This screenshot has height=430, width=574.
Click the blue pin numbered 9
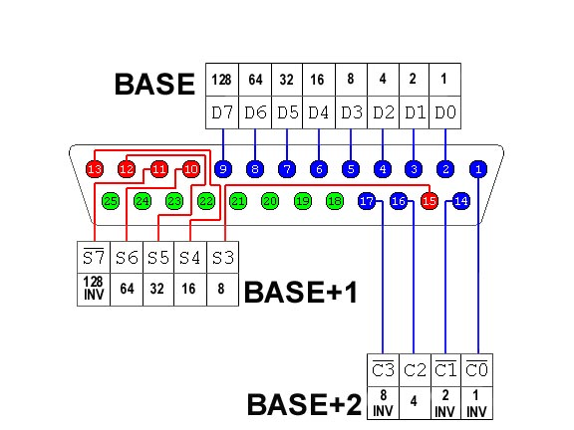coord(223,169)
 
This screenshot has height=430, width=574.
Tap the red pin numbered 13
coord(95,169)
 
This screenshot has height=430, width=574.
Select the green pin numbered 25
coord(111,201)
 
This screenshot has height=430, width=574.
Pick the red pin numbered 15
coord(430,201)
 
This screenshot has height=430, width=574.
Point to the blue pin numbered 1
coord(478,169)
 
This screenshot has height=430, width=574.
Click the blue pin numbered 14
coord(460,201)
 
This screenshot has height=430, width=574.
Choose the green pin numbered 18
coord(334,201)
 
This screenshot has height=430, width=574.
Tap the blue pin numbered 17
coord(367,201)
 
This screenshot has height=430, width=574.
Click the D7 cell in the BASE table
coord(222,112)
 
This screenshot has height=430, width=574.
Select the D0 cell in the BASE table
coord(444,112)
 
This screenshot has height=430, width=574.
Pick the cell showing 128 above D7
coord(222,80)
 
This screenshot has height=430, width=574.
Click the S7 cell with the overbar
coord(94,257)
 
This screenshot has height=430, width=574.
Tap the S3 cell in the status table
coord(223,257)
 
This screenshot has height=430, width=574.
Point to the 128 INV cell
coord(94,290)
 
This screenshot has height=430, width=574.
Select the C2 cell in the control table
coord(416,370)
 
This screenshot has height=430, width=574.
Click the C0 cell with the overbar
coord(477,370)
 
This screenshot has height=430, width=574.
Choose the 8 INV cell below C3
coord(384,403)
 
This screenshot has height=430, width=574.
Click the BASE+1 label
coord(301,293)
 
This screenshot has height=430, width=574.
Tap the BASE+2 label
coord(305,405)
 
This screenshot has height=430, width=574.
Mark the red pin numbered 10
coord(190,169)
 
